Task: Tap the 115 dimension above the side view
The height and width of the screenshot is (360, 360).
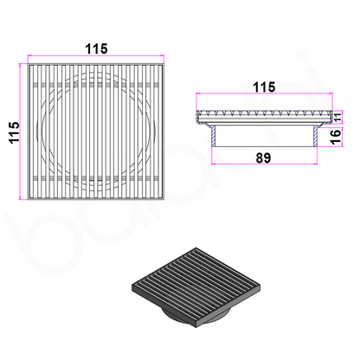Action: (x=264, y=87)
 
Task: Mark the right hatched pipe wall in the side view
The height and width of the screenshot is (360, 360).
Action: (x=318, y=131)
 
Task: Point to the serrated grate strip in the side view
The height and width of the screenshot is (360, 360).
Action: (x=264, y=113)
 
